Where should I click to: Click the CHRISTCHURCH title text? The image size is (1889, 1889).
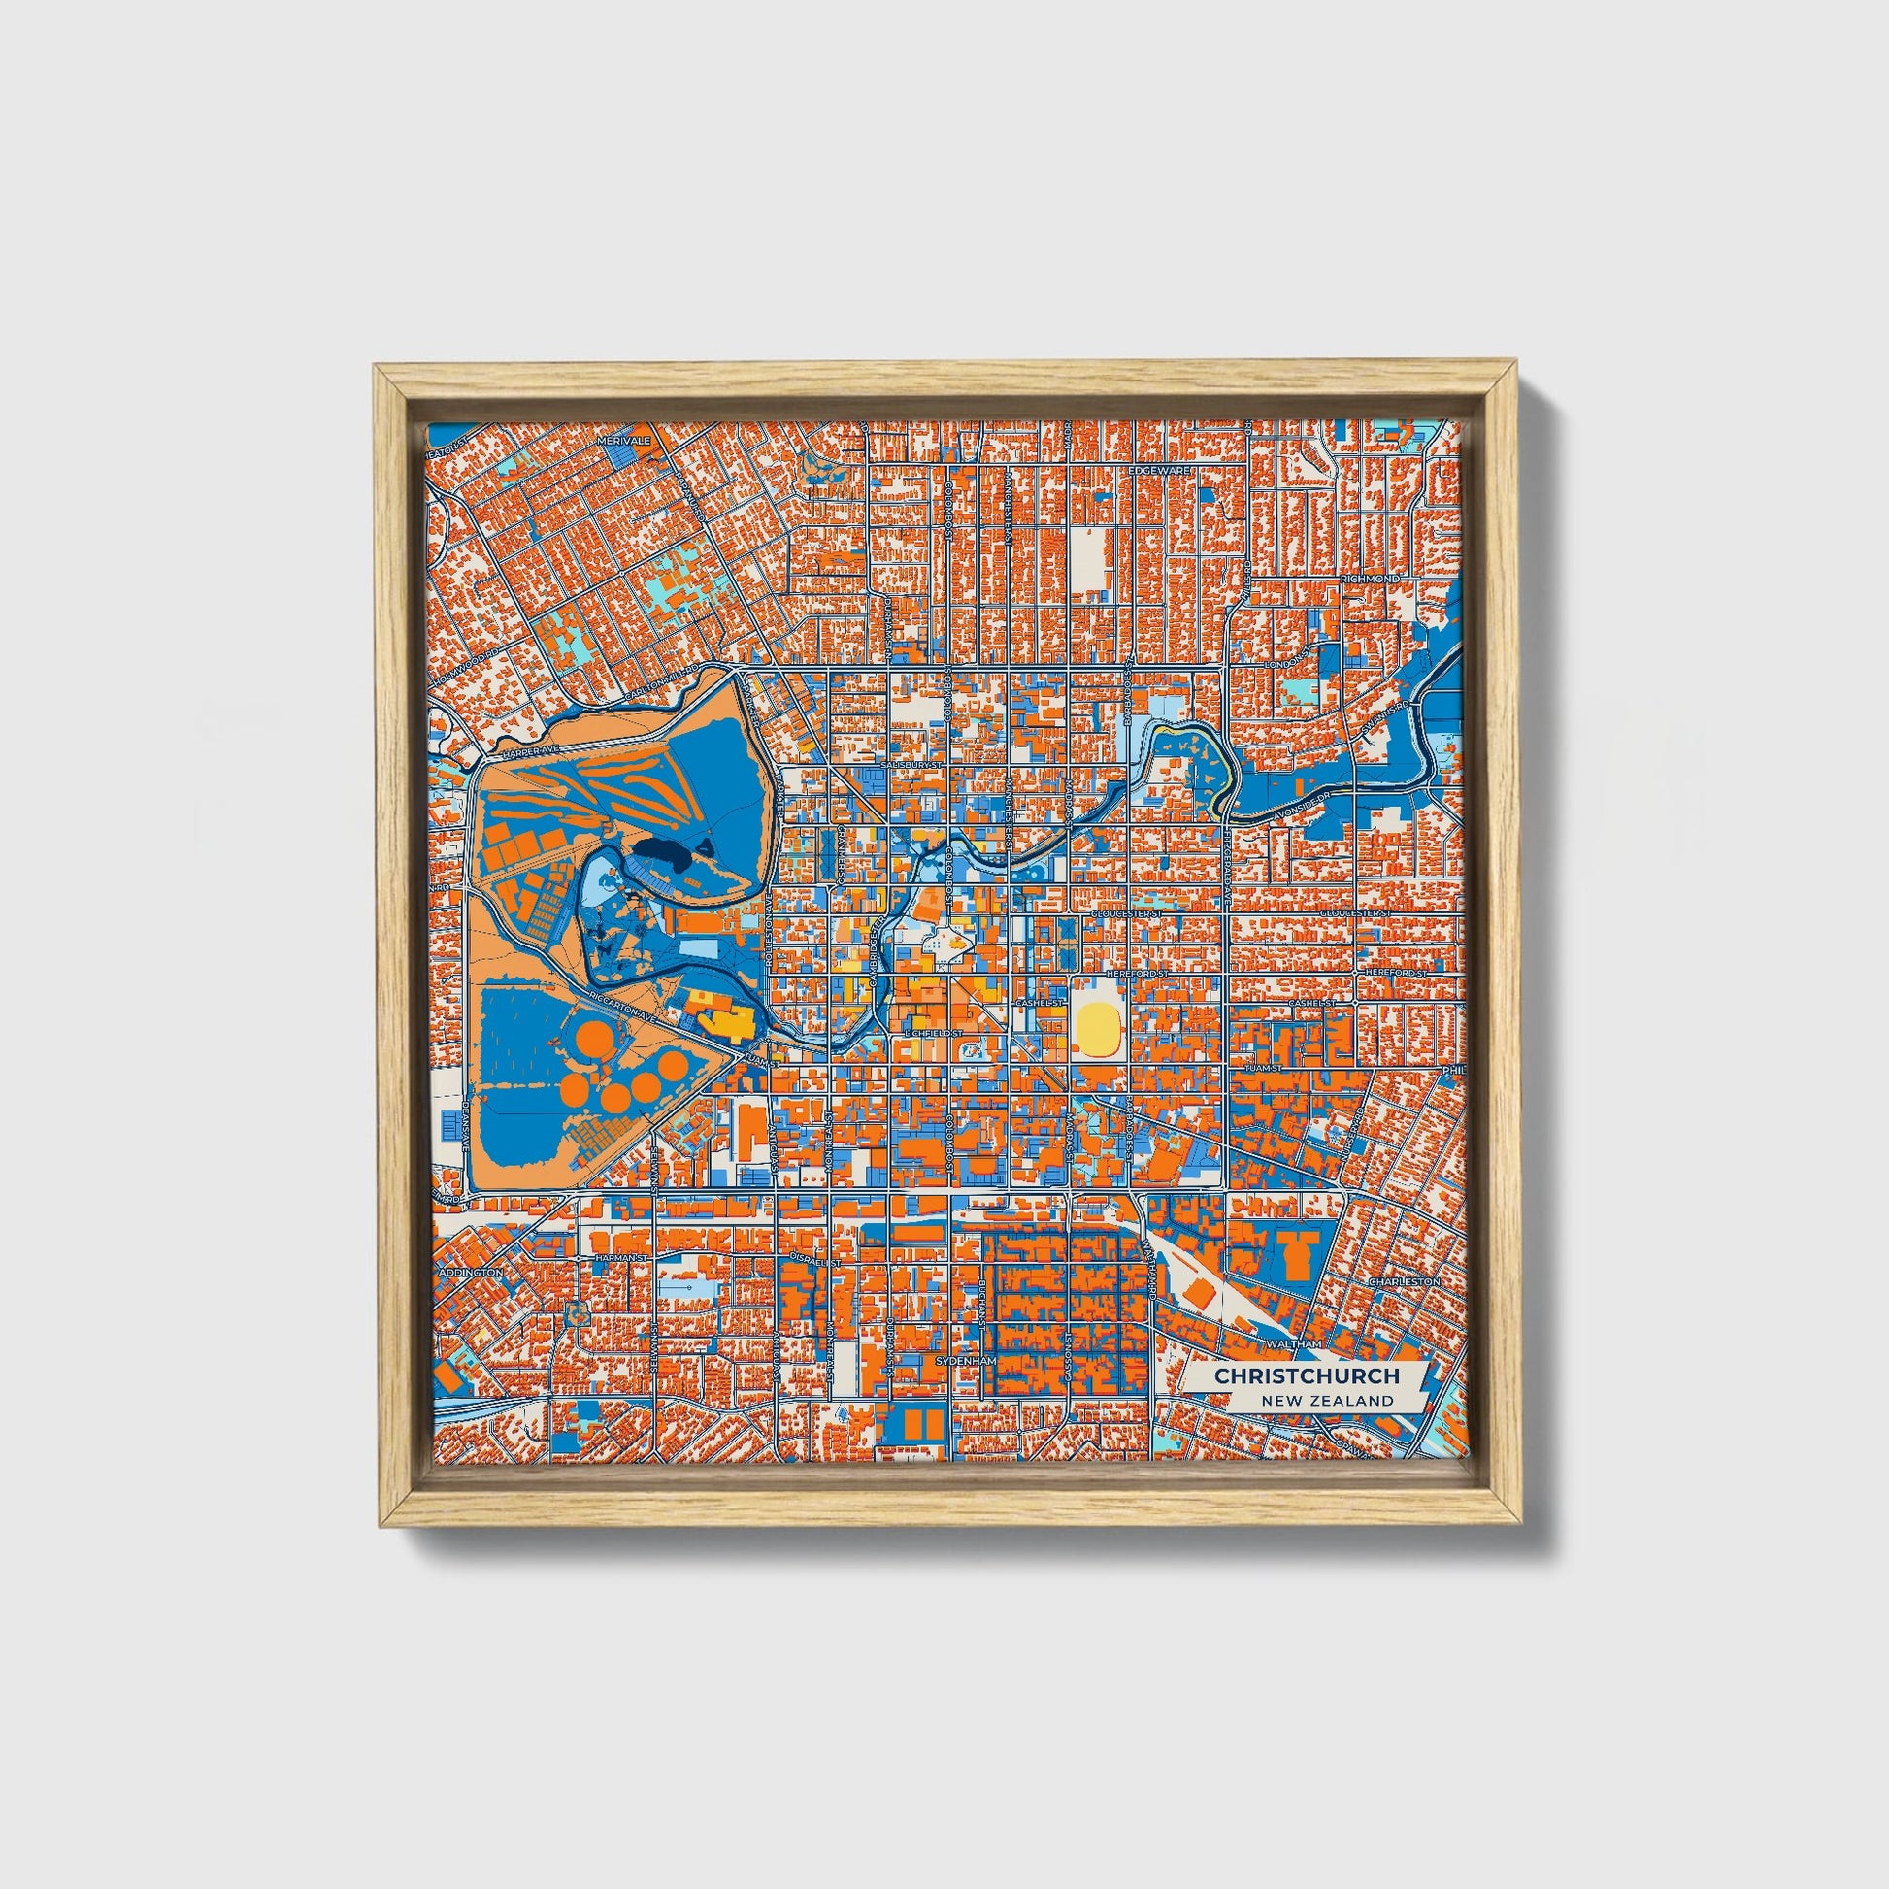(1307, 1375)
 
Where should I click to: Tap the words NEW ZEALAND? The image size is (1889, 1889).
(1327, 1401)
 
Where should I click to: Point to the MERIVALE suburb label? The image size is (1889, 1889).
(624, 442)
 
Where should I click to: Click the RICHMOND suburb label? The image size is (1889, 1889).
(1370, 579)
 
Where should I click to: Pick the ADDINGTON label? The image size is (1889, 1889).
(470, 1272)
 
